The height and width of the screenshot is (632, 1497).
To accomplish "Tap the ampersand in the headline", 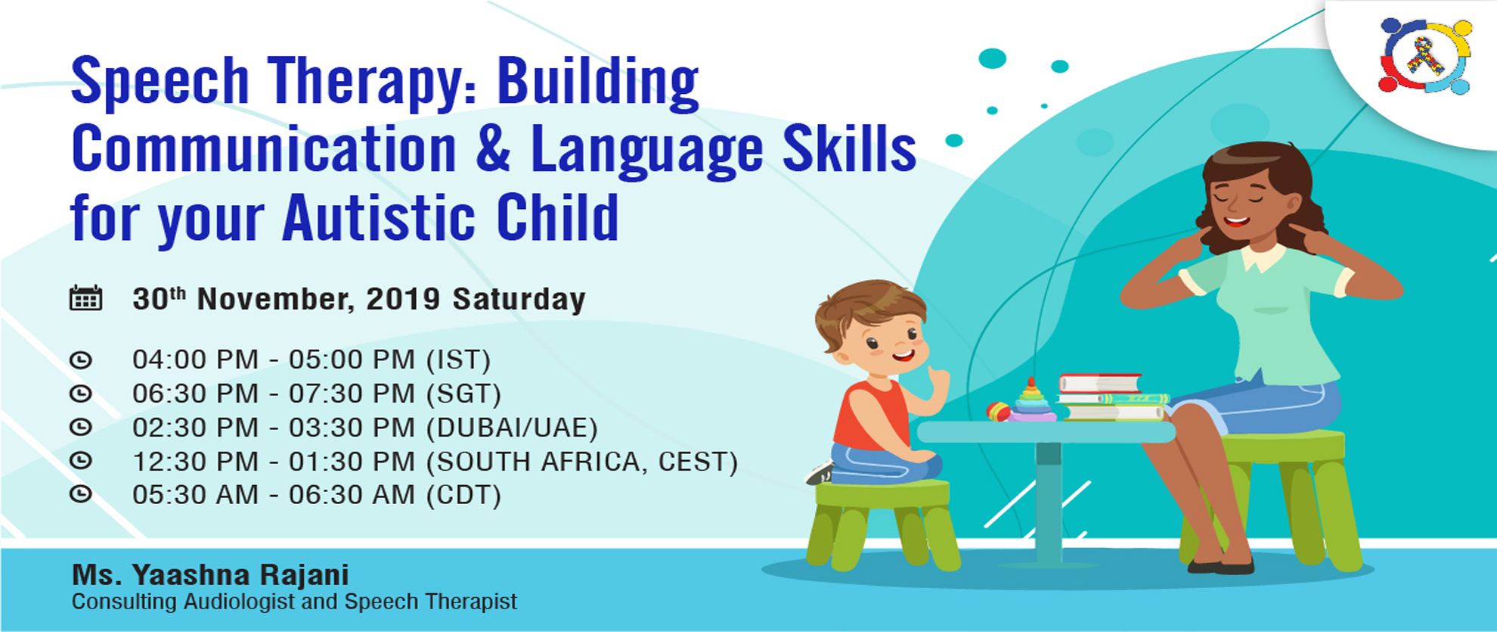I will click(493, 149).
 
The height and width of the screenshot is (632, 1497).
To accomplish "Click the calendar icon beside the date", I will click(85, 298).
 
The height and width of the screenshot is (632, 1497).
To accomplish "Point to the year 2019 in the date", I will click(403, 299).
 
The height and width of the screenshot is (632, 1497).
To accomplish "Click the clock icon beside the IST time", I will click(81, 360).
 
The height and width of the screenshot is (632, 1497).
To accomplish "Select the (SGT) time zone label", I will click(463, 394).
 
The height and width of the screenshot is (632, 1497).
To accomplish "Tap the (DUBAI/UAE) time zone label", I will click(512, 428).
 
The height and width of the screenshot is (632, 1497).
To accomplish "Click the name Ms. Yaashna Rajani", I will click(210, 575).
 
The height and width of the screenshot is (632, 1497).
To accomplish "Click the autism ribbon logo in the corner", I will click(1424, 56).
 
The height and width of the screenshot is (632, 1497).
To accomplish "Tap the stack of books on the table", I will click(1110, 397).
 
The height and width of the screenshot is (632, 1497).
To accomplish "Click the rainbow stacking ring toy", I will click(1031, 402).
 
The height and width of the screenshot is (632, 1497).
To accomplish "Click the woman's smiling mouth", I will click(1237, 222).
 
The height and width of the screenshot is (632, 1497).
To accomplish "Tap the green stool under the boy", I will click(882, 522).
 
